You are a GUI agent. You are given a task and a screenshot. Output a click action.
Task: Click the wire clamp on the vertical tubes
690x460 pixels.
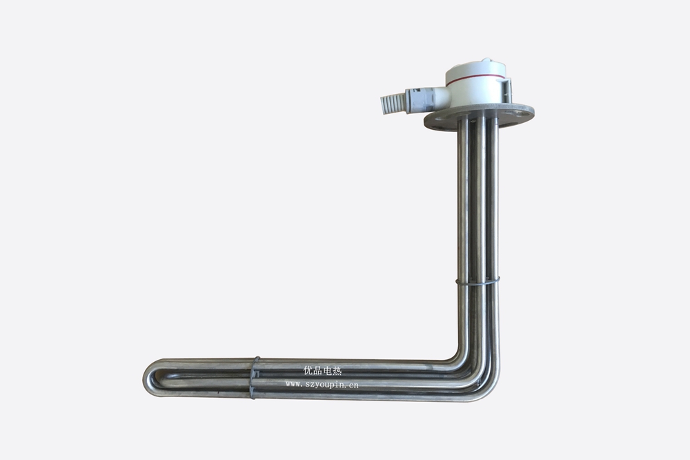click(477, 281)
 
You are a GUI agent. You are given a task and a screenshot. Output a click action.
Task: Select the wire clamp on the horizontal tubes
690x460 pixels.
click(255, 377)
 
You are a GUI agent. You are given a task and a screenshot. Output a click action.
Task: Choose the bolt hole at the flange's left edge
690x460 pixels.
click(433, 119)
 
